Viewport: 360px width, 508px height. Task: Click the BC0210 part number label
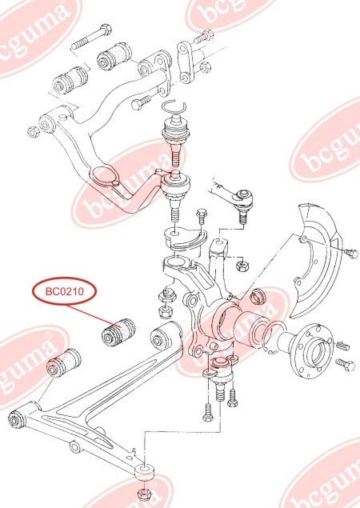pos(65,291)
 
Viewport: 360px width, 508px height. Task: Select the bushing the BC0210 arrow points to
pos(118,333)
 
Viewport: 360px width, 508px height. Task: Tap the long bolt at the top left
pos(92,37)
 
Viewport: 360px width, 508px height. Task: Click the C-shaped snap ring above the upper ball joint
pos(174,107)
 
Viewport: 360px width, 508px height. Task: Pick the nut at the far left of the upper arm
pos(33,131)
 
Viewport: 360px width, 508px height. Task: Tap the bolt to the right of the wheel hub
pos(346,365)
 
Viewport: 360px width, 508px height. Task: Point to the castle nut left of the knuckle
pos(166,295)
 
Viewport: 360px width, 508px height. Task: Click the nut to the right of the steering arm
pos(242,266)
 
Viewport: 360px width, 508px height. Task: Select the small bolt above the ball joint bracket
pos(201,215)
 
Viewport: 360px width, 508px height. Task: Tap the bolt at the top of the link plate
pos(203,37)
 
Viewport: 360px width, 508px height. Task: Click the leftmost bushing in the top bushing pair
pos(70,80)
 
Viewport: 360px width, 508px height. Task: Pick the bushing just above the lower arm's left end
pos(63,363)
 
